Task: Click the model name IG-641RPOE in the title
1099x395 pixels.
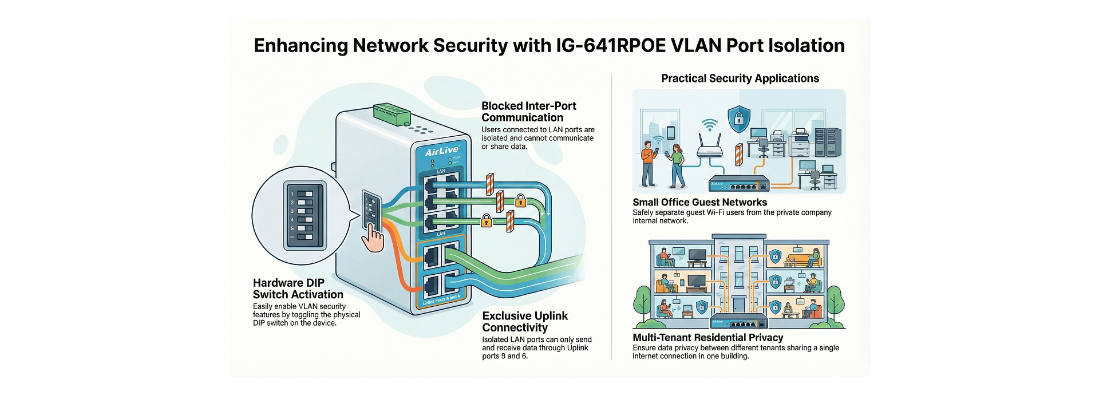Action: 610,45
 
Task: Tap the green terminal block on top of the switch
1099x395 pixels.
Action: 392,114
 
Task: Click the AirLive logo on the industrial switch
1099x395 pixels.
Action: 441,151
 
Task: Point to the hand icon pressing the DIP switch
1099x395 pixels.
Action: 374,238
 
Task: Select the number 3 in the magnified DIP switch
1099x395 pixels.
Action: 292,211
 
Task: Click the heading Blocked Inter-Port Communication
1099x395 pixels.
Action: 528,112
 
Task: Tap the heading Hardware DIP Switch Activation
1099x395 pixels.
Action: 298,289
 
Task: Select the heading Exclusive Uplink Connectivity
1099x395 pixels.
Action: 525,321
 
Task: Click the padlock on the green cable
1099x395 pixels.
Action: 520,200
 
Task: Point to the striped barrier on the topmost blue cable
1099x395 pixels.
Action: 489,184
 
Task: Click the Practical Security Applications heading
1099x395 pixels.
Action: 740,78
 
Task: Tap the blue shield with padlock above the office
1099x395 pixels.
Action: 738,118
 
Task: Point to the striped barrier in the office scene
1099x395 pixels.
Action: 739,155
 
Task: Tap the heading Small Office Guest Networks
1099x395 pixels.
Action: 699,202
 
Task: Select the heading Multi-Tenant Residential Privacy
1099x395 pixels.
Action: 707,338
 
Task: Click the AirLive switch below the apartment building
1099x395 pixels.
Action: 738,321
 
